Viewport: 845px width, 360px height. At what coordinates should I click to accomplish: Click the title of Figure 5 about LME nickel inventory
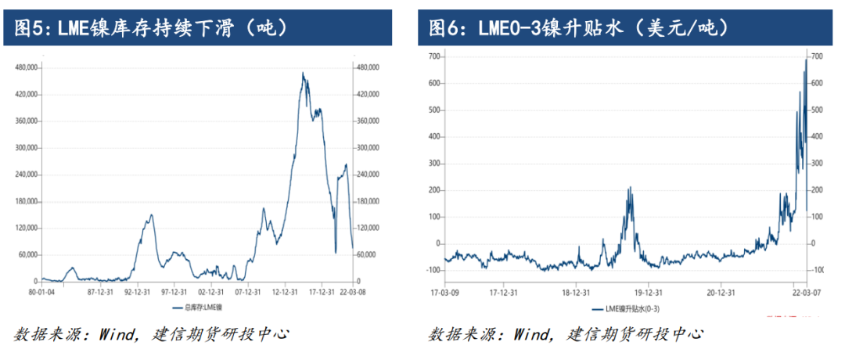tap(153, 29)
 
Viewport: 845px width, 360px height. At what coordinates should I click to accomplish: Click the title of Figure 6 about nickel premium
tap(580, 29)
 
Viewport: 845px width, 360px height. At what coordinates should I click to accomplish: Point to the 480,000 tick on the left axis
tap(27, 67)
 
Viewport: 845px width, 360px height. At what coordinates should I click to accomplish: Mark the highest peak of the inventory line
tap(303, 73)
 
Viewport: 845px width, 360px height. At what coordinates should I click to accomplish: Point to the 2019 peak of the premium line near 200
tap(630, 188)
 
